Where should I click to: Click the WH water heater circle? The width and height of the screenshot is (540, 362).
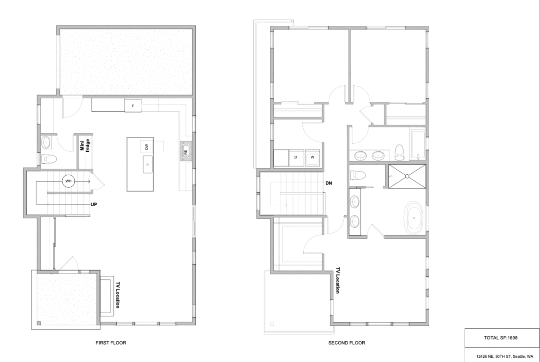(x=68, y=181)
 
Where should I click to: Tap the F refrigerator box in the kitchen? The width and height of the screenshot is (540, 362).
(x=133, y=106)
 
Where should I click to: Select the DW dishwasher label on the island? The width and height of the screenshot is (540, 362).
(x=147, y=147)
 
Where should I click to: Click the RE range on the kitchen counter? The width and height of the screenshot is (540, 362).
(x=186, y=152)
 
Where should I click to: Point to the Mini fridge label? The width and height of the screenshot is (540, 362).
(x=85, y=145)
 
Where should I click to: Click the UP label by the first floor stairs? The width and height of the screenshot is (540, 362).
(x=94, y=204)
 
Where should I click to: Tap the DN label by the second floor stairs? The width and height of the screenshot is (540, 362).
(x=329, y=183)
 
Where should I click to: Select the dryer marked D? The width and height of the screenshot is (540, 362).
(x=296, y=158)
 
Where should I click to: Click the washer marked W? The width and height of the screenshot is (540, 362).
(x=312, y=158)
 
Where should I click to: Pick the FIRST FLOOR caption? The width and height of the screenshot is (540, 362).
(x=111, y=343)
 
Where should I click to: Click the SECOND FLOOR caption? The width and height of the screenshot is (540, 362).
(x=347, y=343)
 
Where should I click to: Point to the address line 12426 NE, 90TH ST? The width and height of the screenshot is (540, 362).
(x=494, y=357)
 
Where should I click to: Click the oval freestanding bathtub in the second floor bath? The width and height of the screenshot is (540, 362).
(x=413, y=218)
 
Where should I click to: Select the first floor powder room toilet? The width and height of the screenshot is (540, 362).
(x=48, y=159)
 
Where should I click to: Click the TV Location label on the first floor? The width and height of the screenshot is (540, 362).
(x=118, y=295)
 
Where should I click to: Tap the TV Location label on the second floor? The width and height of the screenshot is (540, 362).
(x=338, y=280)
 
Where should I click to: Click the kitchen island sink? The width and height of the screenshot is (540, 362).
(x=148, y=165)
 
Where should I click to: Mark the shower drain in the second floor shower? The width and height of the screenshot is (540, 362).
(x=407, y=176)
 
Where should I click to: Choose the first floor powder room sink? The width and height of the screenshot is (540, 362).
(x=46, y=142)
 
